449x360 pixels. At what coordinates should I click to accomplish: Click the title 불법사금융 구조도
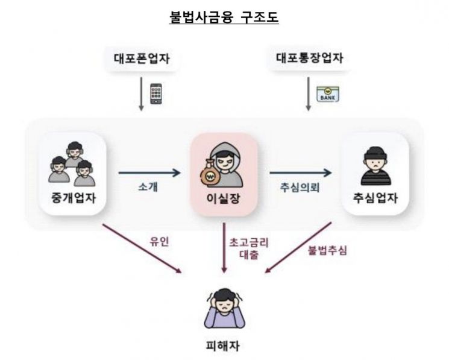224,17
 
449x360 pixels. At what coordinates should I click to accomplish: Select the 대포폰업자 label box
142,58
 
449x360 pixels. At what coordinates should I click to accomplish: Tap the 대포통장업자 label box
310,58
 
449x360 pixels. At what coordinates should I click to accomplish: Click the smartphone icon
156,93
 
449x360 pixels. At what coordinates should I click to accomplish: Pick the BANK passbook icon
328,94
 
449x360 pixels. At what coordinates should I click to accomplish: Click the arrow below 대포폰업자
141,94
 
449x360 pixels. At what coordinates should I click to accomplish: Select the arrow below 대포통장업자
309,94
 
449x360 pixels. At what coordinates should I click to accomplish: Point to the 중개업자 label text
74,198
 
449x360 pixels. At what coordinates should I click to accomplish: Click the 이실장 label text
224,198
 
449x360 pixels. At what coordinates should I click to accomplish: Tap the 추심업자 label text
375,198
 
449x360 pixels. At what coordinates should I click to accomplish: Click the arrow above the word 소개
149,172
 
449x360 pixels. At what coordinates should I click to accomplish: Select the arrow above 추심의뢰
301,172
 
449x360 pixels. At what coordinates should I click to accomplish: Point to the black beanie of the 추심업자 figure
375,154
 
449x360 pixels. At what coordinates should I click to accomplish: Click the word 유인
159,242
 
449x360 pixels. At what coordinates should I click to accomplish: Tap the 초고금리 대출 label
249,248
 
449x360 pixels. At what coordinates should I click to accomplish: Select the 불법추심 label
327,250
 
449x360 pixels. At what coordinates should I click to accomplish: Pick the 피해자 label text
223,346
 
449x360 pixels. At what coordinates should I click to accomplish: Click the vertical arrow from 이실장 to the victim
224,248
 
